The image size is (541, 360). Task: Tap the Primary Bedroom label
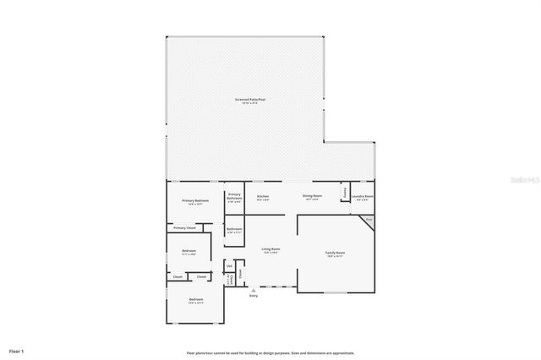[x=195, y=201]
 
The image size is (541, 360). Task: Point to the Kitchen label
[x=263, y=196]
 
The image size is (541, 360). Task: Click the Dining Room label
[x=310, y=196]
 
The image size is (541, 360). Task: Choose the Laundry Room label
[x=363, y=196]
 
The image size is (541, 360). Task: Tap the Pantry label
[x=345, y=193]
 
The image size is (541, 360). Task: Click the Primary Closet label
[x=184, y=227]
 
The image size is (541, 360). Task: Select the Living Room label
[x=270, y=249]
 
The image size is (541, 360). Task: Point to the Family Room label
[x=336, y=253]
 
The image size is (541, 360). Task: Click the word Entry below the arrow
[x=253, y=296]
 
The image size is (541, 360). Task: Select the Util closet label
[x=228, y=266]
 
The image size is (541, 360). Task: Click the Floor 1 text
[x=16, y=350]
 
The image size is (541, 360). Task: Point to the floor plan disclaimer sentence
[x=270, y=352]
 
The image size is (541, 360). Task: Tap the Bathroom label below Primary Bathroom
[x=234, y=230]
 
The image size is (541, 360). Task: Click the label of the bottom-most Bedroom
[x=195, y=300]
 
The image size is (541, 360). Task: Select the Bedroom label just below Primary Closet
[x=189, y=251]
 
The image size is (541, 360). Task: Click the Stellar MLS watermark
[x=525, y=180]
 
